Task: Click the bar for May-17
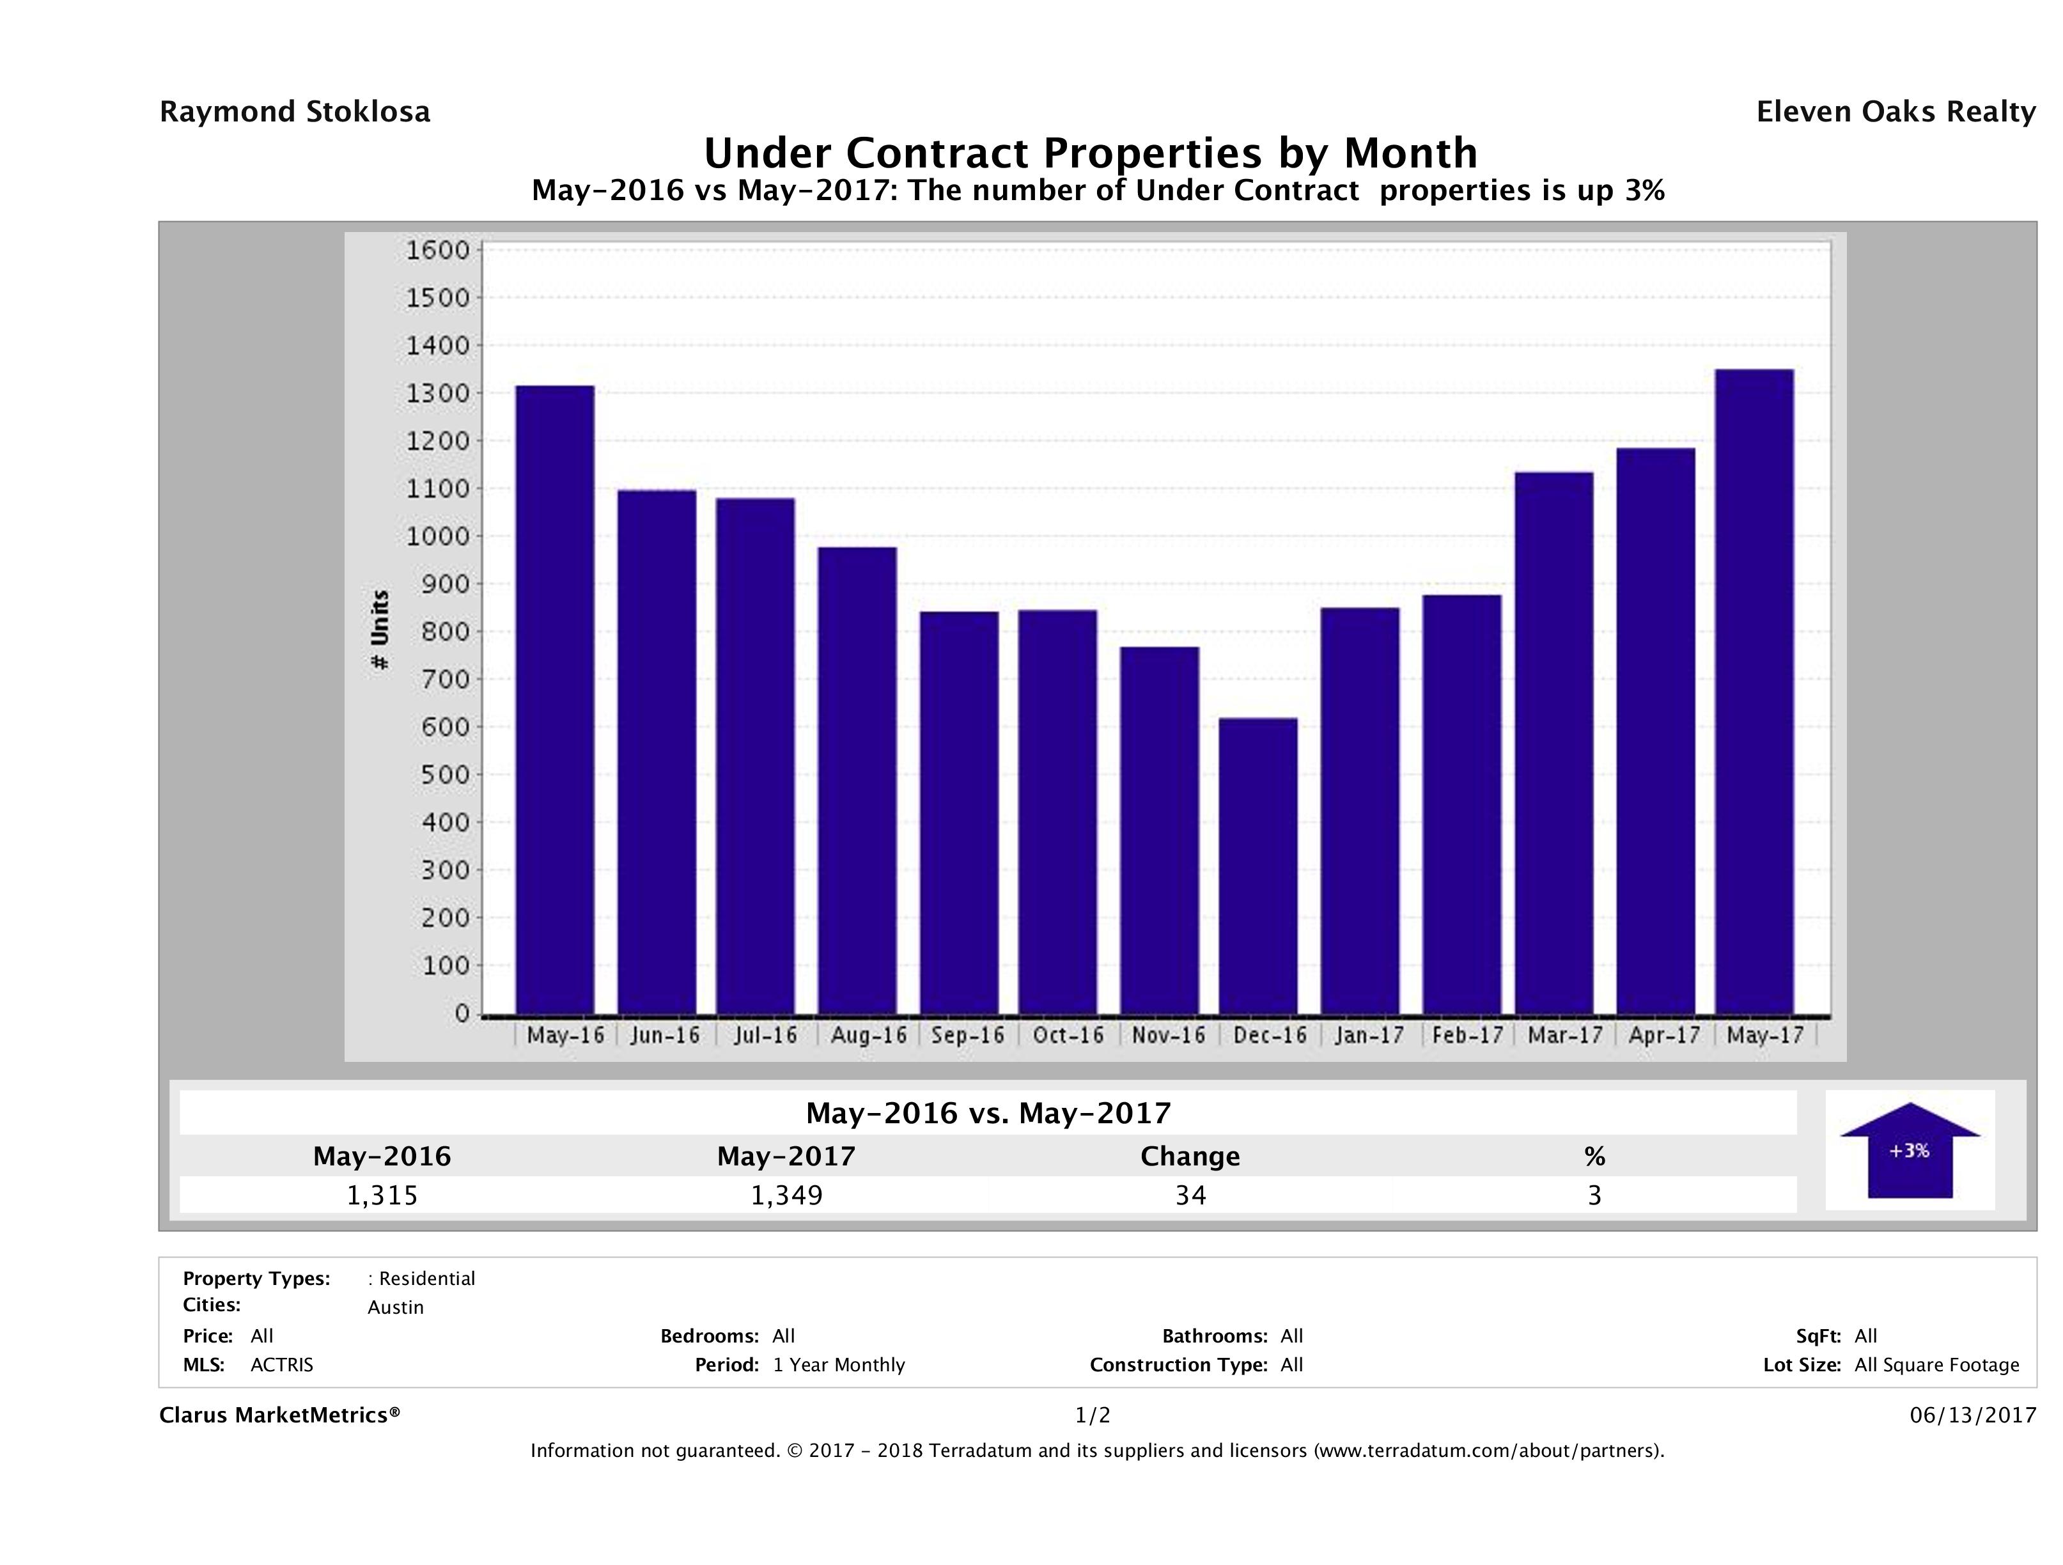[1754, 691]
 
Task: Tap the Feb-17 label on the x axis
[1467, 1035]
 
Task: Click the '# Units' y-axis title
[380, 630]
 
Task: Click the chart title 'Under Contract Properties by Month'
[1089, 153]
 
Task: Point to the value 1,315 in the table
[382, 1195]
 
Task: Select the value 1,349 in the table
[786, 1195]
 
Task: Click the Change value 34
[1190, 1195]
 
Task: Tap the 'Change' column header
[1190, 1156]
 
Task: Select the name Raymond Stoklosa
[295, 112]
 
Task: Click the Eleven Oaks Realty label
[1895, 112]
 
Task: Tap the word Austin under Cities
[396, 1307]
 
